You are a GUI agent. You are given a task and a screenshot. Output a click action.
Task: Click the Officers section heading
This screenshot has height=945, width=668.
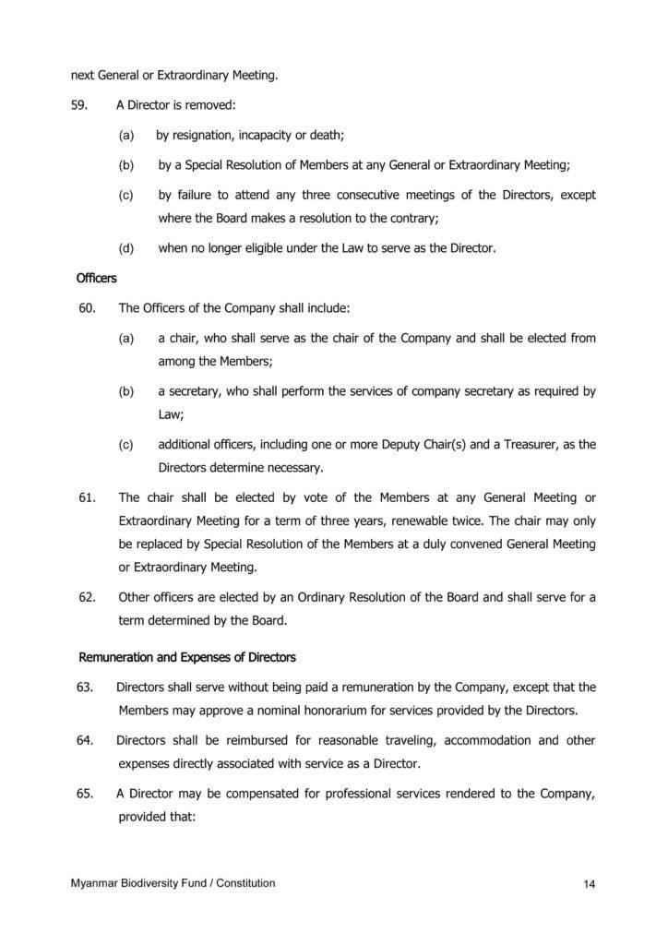pos(95,276)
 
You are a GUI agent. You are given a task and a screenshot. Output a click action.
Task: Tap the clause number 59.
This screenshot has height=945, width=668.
pos(78,104)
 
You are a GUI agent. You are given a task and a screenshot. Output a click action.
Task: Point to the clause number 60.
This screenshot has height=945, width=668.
pos(89,306)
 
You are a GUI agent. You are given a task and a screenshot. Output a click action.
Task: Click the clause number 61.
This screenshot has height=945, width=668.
pos(89,497)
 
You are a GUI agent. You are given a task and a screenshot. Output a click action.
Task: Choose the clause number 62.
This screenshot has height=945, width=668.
pos(89,596)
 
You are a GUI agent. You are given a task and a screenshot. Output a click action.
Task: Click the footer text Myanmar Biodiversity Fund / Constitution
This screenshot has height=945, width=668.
pos(173,883)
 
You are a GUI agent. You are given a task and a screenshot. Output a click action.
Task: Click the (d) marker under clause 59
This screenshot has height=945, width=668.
pos(126,247)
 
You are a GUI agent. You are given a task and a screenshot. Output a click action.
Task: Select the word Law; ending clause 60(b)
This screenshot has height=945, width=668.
pos(171,414)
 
